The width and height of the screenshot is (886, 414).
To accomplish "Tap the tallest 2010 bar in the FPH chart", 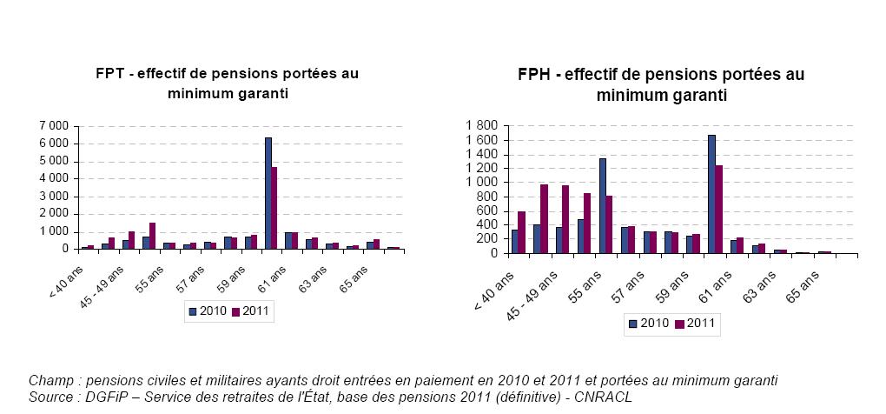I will (711, 194).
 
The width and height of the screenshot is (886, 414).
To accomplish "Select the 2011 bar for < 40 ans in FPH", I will (522, 232).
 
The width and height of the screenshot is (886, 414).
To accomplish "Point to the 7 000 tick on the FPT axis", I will (53, 126).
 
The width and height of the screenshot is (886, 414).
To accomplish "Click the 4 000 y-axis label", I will (53, 178).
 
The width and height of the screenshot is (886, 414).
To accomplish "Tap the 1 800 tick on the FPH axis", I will (484, 126).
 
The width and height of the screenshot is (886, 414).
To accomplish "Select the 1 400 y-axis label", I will (484, 154).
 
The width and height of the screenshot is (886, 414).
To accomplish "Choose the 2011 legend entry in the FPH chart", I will (694, 324).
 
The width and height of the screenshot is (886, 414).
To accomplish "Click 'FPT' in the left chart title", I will (110, 74).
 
